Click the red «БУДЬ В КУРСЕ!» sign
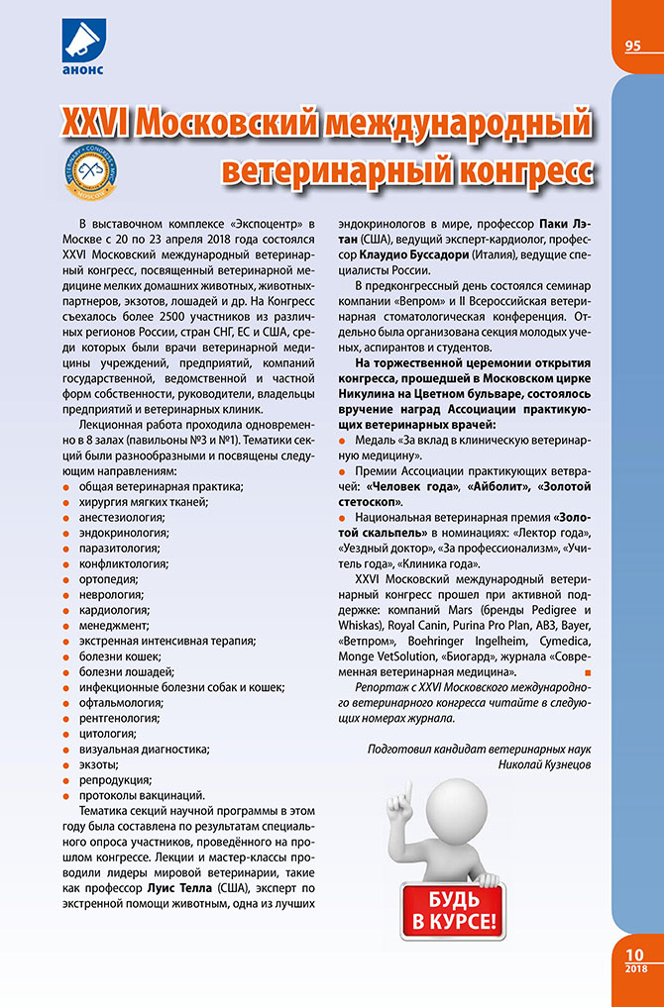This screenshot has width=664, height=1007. tap(451, 910)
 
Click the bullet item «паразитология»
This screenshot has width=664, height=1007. tap(115, 547)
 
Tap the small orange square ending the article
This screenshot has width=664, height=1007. tap(587, 672)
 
